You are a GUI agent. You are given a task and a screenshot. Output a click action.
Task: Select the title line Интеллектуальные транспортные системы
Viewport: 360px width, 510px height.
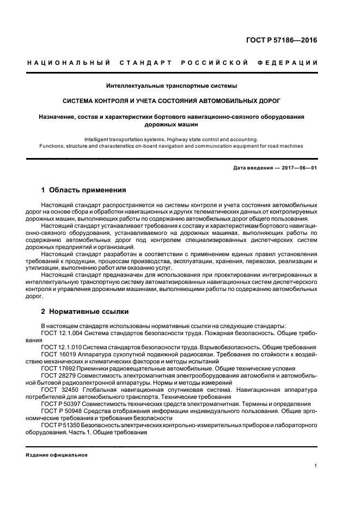pos(172,86)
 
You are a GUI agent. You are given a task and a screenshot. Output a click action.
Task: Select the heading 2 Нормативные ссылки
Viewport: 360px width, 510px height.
pos(85,311)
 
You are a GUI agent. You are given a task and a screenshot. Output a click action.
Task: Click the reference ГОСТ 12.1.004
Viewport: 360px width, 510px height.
pos(62,332)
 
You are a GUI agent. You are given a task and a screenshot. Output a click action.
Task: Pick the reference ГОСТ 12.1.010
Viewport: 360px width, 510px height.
pos(62,347)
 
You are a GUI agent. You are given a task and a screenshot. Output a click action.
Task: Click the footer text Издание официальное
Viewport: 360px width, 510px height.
pos(57,454)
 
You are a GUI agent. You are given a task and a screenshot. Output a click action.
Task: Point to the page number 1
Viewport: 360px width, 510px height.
pos(316,465)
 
